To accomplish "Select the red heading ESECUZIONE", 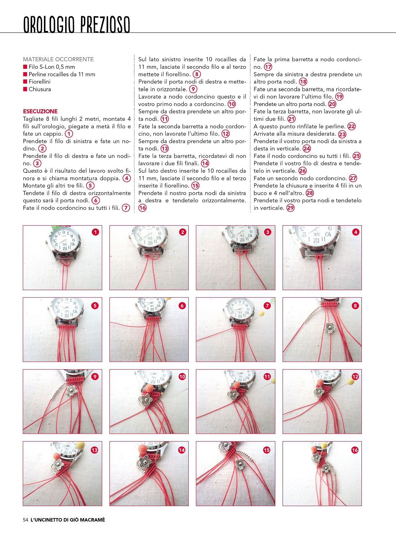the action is point(40,112).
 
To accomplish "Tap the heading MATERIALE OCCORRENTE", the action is point(58,59).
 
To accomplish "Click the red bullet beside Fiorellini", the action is point(25,82).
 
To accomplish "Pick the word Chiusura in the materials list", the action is point(40,89).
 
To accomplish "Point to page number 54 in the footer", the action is point(26,520).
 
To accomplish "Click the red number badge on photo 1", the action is point(95,232).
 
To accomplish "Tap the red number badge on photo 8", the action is point(355,306).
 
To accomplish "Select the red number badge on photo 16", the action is point(355,450).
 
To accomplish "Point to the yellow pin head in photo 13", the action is point(81,446).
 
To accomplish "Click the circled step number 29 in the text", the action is point(291,208).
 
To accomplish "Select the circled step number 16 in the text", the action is point(143,208).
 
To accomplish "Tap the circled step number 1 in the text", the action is point(69,134).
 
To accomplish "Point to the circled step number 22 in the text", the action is point(352,126).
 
